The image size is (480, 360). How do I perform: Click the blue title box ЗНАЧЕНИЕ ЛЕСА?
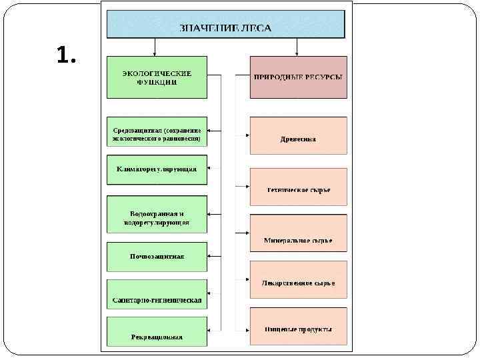(226, 24)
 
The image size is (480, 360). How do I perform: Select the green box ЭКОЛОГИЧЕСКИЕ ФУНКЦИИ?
(157, 77)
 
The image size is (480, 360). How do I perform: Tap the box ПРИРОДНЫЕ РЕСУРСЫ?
(298, 77)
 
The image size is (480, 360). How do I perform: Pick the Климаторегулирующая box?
(157, 169)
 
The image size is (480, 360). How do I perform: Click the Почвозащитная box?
(157, 256)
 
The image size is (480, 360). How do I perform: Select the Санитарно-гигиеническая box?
(157, 300)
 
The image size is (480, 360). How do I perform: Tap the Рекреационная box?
(157, 331)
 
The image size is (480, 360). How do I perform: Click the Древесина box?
(298, 136)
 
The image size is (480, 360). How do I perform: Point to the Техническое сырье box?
(298, 187)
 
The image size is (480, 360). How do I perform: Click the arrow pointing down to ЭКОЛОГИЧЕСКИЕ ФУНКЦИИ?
(155, 49)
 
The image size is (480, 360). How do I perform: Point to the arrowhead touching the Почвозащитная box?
(210, 256)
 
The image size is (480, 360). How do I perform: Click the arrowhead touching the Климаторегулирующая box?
(210, 167)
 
